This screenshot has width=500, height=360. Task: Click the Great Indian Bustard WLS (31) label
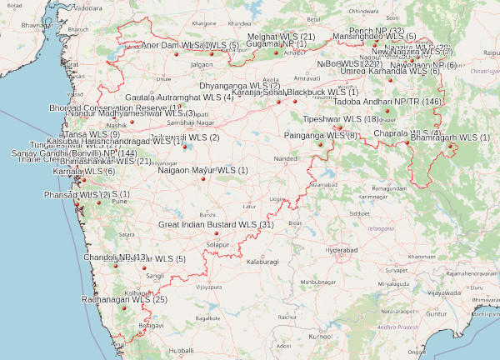(216, 225)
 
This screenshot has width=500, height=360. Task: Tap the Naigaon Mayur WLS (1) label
(203, 171)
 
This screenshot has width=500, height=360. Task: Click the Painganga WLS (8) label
(321, 135)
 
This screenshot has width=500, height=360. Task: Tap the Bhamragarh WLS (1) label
(451, 137)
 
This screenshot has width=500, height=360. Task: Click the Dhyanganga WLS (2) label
(240, 86)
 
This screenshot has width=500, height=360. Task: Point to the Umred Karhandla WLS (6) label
(391, 72)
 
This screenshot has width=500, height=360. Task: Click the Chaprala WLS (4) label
(407, 133)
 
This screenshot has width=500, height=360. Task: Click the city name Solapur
(218, 245)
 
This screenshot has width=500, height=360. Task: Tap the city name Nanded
(285, 158)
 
